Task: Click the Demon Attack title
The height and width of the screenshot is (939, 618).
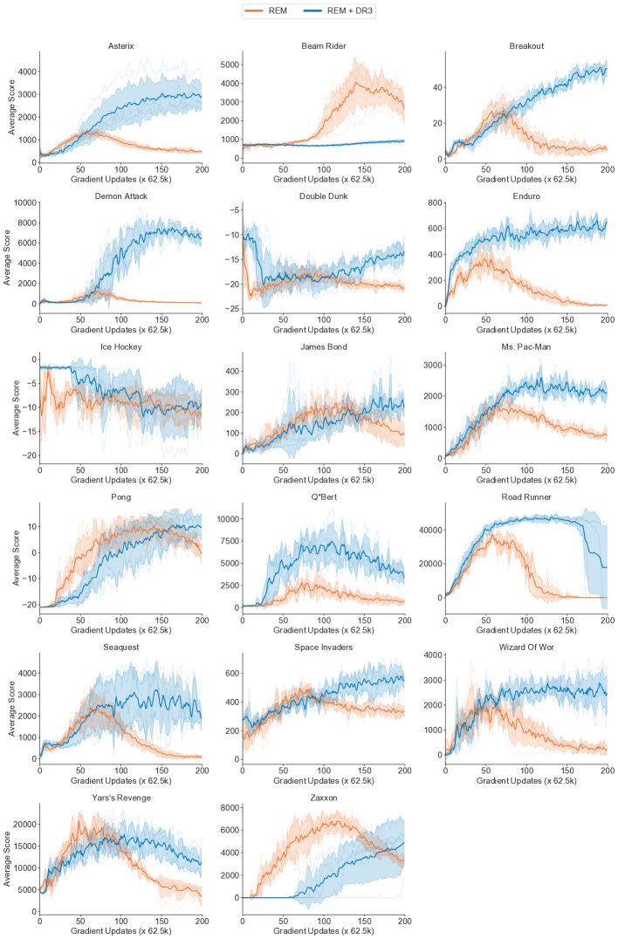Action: [x=120, y=197]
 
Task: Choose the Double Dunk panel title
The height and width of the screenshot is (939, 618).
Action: [x=323, y=197]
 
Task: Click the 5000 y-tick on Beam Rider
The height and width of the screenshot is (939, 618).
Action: [x=230, y=65]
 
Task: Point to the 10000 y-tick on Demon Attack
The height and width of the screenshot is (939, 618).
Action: [x=24, y=202]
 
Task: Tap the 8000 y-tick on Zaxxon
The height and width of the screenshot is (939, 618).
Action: [x=230, y=809]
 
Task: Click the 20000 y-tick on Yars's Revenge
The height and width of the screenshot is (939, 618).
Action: [x=24, y=824]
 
